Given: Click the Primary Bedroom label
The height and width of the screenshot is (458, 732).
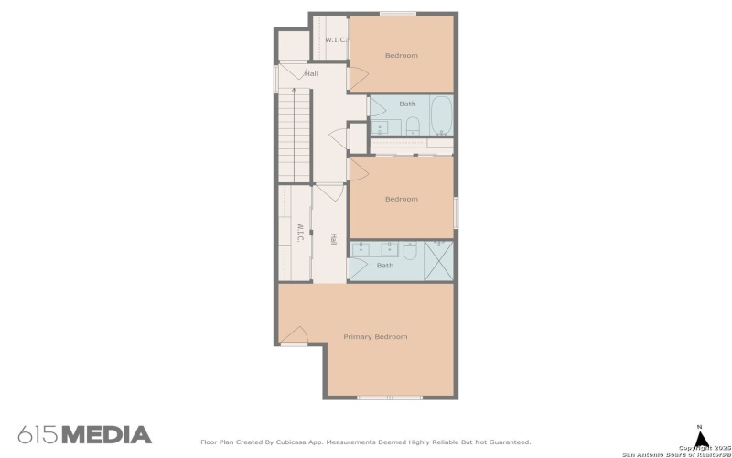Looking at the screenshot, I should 375,337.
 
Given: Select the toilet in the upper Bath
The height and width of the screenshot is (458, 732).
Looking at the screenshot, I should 412,126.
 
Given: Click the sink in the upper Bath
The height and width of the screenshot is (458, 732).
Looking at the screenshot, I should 382,127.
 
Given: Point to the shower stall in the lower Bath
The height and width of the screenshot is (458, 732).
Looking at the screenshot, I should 438,260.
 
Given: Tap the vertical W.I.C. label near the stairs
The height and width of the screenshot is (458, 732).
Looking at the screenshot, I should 299,233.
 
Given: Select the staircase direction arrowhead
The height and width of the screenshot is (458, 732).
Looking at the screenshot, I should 294,90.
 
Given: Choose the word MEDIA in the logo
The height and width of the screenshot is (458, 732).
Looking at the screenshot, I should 106,434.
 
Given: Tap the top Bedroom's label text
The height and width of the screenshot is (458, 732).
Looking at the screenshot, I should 401,56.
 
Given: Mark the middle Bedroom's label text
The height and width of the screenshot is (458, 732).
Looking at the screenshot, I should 401,199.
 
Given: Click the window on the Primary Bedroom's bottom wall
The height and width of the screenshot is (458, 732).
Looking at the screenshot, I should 390,398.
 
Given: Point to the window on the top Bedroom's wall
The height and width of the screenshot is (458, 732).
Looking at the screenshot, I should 398,13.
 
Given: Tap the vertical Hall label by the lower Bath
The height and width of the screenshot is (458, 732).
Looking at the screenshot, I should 334,239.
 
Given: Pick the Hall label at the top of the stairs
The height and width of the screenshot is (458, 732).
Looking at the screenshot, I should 312,74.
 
